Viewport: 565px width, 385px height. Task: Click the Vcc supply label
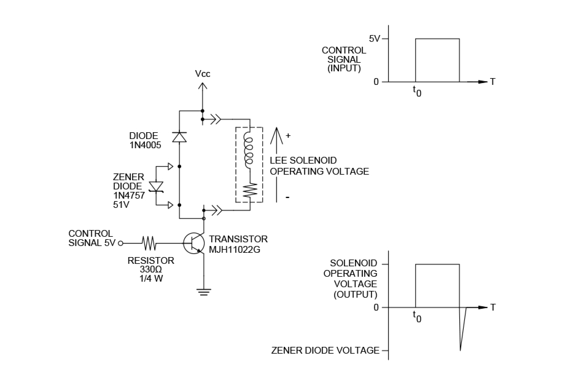(x=203, y=74)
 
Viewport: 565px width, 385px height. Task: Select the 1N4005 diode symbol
(x=179, y=137)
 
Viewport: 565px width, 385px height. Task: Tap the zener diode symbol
(x=158, y=186)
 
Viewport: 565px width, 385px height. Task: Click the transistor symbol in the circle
(x=195, y=243)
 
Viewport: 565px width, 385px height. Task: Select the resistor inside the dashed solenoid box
(x=249, y=191)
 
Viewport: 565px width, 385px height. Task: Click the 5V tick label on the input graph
(x=375, y=38)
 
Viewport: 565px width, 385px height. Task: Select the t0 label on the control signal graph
(x=417, y=91)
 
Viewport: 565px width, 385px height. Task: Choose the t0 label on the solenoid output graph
(x=417, y=317)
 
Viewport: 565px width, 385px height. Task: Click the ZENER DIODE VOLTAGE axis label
(x=325, y=351)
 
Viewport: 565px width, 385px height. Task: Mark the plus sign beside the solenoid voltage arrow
(x=288, y=135)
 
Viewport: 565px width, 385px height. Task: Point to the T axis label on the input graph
(x=492, y=82)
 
